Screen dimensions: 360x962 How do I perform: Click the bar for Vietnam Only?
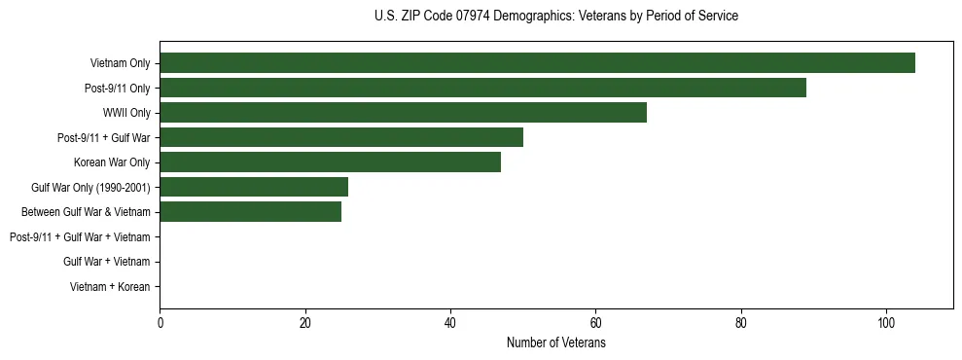pos(537,63)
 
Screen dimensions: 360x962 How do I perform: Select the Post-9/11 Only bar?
pos(482,88)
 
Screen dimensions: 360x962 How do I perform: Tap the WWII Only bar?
pos(403,113)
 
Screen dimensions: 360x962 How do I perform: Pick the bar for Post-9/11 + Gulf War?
pos(341,137)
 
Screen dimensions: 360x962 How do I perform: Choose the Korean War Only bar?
pos(330,162)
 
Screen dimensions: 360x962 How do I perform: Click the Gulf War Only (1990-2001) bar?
pos(254,187)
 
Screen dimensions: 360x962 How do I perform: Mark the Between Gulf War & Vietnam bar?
pos(250,212)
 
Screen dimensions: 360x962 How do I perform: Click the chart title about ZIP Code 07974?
pos(555,17)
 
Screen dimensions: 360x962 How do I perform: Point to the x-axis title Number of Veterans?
pos(555,343)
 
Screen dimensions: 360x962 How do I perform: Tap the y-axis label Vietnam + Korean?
pos(110,287)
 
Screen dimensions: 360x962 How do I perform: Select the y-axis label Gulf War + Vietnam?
pos(106,262)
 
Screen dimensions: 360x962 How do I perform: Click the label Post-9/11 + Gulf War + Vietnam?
pos(80,237)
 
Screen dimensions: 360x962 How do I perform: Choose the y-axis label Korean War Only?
pos(112,162)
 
